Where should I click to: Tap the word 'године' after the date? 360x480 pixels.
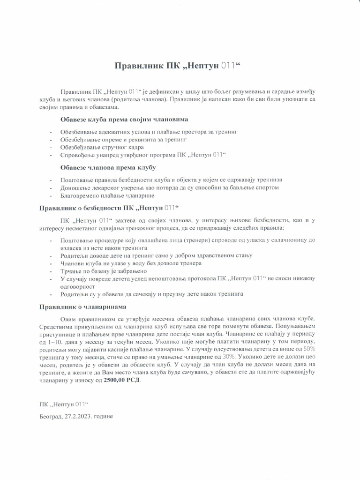pos(103,416)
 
